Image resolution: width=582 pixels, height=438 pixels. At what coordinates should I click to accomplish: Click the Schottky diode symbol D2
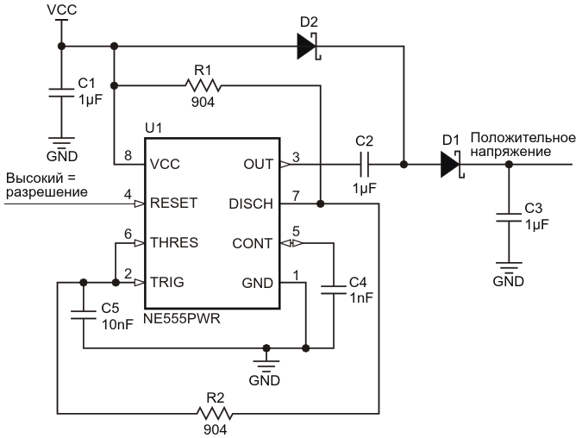point(309,47)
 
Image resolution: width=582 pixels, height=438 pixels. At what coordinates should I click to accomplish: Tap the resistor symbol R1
point(203,85)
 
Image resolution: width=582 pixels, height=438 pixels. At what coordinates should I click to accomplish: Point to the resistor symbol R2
point(215,414)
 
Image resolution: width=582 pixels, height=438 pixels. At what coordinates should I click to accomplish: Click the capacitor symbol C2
point(365,165)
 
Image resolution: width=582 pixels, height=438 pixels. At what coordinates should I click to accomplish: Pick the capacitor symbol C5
point(84,315)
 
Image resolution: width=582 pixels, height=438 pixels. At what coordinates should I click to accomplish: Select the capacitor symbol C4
point(334,290)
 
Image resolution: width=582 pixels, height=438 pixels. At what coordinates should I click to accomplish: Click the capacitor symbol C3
point(509,217)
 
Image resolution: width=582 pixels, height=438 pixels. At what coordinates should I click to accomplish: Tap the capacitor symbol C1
point(61,93)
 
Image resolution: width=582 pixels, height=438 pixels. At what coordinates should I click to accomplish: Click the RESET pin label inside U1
point(173,203)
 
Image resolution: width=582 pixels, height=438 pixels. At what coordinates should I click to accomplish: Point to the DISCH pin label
point(251,203)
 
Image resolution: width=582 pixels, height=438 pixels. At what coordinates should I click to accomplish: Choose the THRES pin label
point(174,243)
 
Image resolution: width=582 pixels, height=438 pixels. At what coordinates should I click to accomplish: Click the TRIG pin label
point(167,283)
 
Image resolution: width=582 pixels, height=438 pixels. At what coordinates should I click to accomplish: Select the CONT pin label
point(253,243)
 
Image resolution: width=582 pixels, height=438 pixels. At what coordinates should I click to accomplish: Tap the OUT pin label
point(259,164)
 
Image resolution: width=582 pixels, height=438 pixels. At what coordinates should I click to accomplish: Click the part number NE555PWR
point(182,318)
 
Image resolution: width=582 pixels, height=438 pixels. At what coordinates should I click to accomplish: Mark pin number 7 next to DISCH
point(296,196)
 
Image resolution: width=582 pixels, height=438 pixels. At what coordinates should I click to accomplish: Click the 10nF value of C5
point(117,325)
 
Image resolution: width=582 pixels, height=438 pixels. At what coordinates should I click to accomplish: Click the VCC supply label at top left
point(62,9)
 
